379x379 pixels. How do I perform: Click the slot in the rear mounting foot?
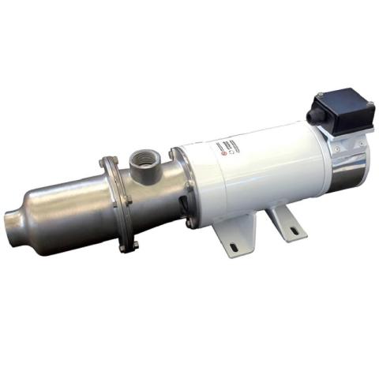click(x=295, y=230)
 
